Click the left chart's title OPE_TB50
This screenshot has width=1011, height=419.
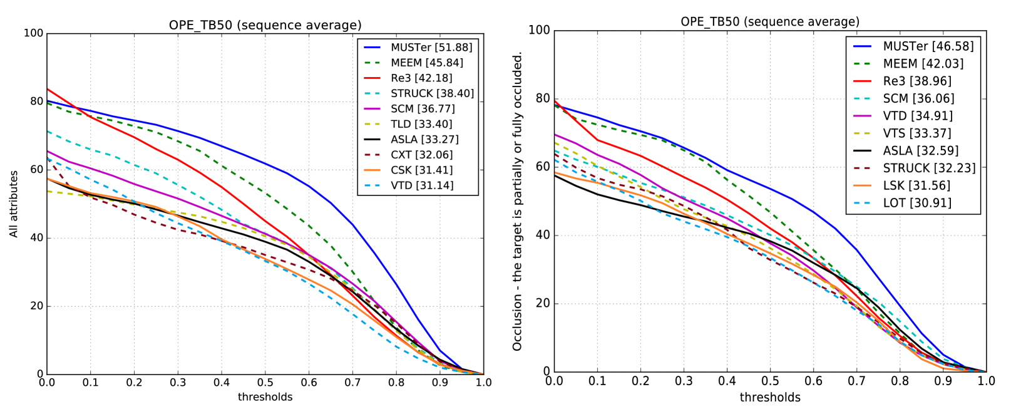[x=265, y=26]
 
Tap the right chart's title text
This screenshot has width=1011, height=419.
[x=770, y=22]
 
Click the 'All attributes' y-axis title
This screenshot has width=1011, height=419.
[x=14, y=204]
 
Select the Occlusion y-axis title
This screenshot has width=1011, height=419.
[x=517, y=201]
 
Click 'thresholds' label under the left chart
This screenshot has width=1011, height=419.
[x=265, y=396]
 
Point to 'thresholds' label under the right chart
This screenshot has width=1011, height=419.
[x=770, y=397]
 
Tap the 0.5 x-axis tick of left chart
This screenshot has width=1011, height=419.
[x=265, y=383]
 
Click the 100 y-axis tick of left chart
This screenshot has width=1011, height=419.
[x=33, y=33]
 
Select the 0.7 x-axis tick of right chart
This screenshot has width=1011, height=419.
[x=856, y=380]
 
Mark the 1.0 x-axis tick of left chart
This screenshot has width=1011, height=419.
[x=483, y=383]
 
